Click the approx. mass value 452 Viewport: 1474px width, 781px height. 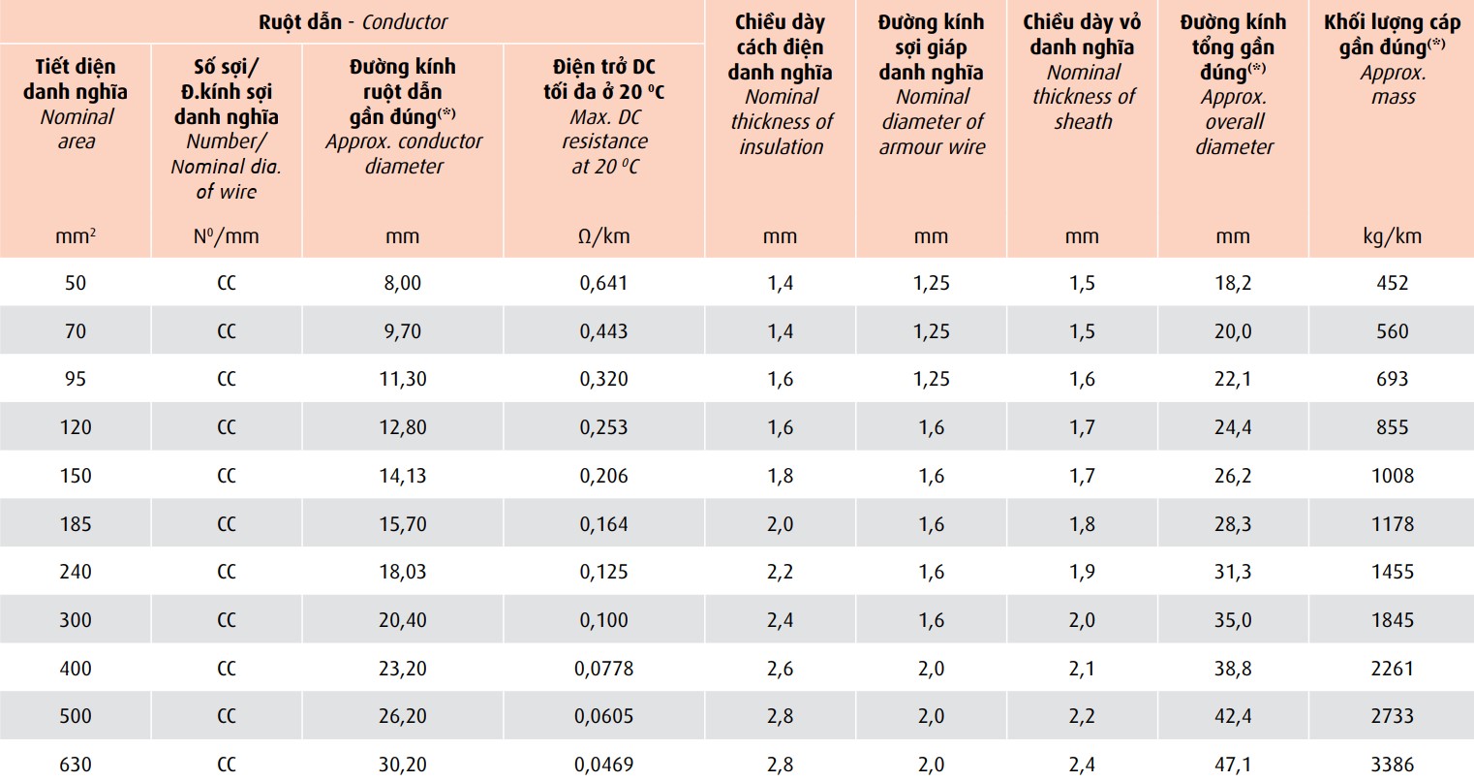1392,283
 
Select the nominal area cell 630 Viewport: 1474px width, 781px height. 76,765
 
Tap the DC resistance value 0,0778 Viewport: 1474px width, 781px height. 603,669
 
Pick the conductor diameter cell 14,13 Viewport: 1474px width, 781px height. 403,476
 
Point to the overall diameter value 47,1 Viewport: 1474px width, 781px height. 1233,765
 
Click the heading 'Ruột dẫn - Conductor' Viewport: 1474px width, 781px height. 353,21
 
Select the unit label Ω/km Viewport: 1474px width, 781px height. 603,236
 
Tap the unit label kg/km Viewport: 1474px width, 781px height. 1392,236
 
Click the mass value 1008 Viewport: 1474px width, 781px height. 1392,476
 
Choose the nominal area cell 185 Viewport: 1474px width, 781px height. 76,524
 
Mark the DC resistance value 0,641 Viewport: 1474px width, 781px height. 603,283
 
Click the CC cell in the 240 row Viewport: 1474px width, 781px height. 227,572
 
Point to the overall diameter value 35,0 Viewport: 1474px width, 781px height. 1233,620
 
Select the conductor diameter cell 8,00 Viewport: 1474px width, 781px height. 403,283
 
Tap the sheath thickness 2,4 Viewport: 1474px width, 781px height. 1082,765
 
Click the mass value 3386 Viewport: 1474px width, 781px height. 1392,765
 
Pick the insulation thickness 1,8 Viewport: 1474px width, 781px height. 780,476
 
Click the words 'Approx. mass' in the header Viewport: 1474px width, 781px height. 1393,84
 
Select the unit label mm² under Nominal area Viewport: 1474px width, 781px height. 76,236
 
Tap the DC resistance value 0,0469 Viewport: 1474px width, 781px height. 603,765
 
